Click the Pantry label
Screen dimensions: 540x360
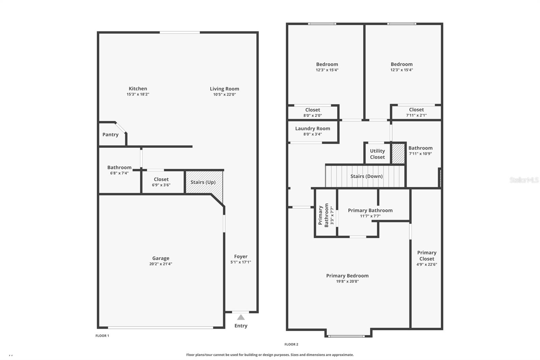pos(110,135)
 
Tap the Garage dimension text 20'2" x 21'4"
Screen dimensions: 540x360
pos(161,264)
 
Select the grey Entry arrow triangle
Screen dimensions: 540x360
pos(241,317)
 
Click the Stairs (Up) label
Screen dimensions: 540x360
pos(203,182)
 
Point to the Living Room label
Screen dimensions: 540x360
pos(224,89)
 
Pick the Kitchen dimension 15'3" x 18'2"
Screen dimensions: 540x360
pos(138,94)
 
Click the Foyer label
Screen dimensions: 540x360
pos(241,256)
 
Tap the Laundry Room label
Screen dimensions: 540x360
pos(313,129)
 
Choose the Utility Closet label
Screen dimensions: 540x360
pos(377,154)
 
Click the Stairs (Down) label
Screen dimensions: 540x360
pos(367,176)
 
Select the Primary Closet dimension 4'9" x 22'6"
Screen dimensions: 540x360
pos(427,264)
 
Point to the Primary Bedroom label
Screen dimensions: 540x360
pos(347,276)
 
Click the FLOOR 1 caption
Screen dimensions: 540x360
pos(102,336)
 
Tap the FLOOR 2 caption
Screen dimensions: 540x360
pos(291,344)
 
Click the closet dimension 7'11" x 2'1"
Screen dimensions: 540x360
pos(416,115)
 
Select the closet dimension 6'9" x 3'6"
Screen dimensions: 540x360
pos(161,185)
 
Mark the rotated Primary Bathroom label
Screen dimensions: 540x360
pos(323,215)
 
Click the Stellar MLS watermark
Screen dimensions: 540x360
pos(524,180)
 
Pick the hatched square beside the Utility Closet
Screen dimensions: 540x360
pos(398,154)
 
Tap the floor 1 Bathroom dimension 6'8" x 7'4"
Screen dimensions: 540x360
pos(119,173)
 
